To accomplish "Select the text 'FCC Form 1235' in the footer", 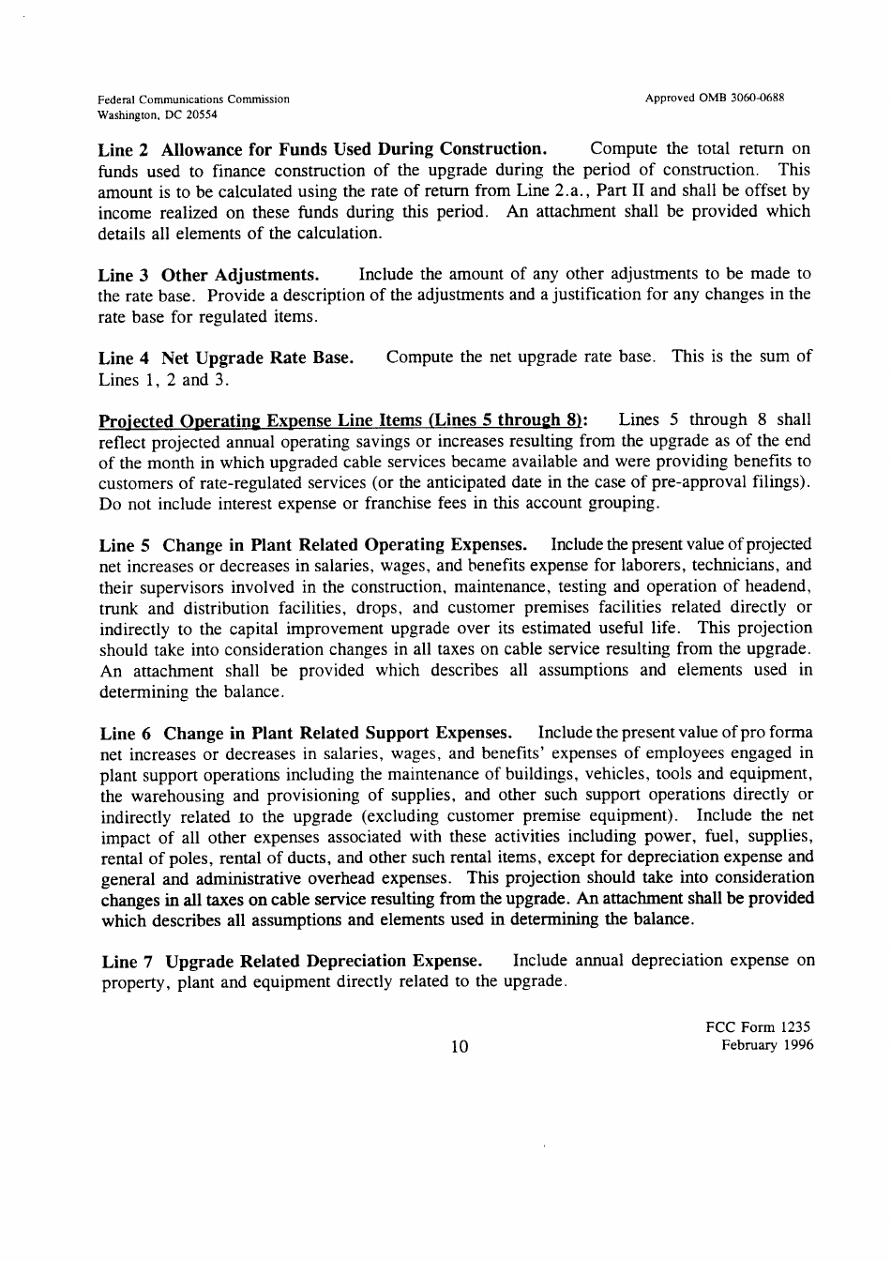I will [x=757, y=1026].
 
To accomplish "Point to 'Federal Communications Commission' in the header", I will [x=193, y=99].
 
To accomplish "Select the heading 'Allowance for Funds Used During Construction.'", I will [x=354, y=149].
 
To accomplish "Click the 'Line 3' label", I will [x=124, y=275].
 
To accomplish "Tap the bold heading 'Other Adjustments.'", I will [x=240, y=275].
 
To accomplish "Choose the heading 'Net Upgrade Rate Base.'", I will [x=257, y=357].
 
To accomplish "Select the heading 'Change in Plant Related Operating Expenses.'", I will [x=344, y=545].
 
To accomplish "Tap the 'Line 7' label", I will [x=126, y=962].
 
